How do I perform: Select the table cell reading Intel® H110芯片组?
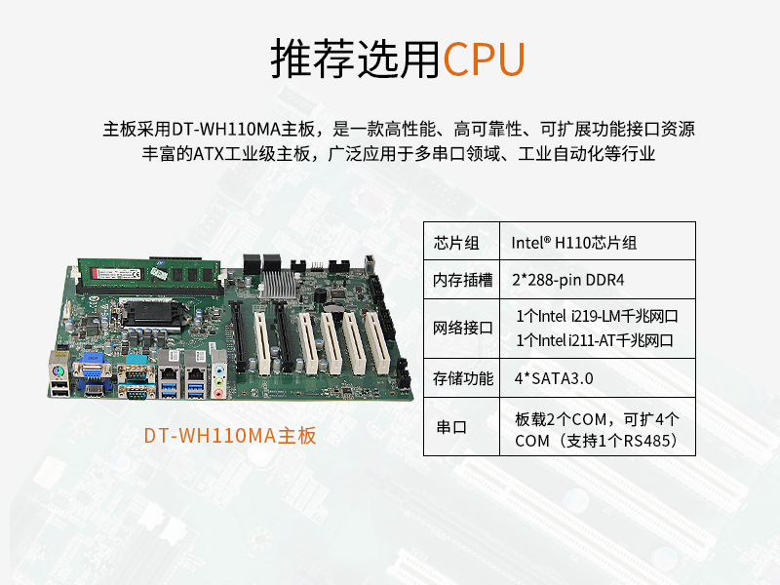pos(574,242)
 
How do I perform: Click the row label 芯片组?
pos(457,242)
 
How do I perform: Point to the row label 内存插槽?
pos(462,280)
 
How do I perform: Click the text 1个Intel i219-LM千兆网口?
pos(596,316)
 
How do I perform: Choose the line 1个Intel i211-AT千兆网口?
pos(595,340)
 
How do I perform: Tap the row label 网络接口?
pos(462,328)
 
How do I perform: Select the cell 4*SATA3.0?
pos(553,377)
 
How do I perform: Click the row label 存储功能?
pos(462,377)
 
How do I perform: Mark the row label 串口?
pos(451,428)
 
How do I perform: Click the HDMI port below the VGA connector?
pos(94,391)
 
